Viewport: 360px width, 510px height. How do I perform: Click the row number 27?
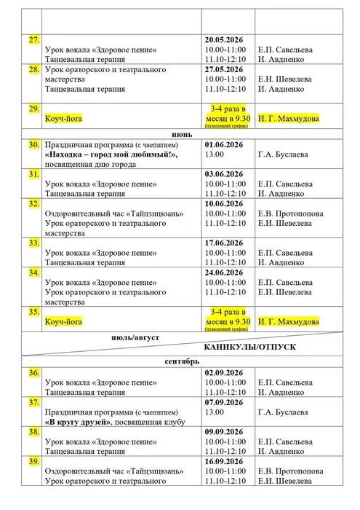coord(33,39)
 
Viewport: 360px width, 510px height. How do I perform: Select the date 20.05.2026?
coord(227,39)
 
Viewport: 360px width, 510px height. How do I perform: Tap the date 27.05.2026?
coord(227,70)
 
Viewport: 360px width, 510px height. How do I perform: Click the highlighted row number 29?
coord(33,109)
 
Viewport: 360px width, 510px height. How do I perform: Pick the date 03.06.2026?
coord(227,175)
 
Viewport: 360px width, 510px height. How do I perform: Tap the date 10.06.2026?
coord(227,205)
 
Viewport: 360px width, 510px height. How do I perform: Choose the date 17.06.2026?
coord(227,243)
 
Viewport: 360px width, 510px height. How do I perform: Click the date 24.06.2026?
coord(227,272)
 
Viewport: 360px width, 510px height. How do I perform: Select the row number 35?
coord(33,312)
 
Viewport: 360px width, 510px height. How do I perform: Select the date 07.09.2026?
coord(227,401)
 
